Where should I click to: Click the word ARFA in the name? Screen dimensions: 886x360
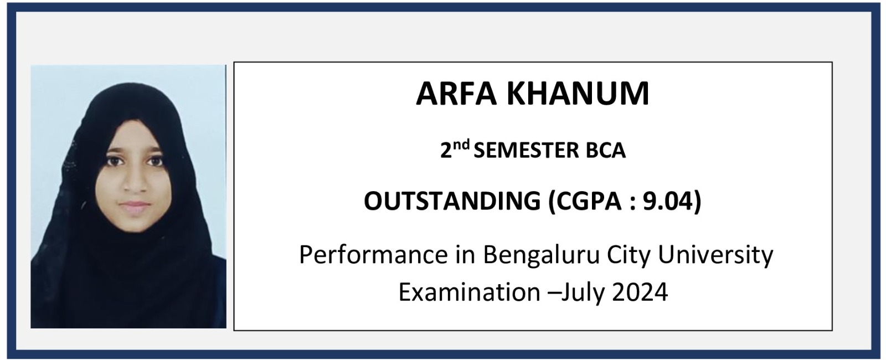pyautogui.click(x=456, y=94)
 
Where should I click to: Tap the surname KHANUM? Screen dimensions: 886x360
pyautogui.click(x=578, y=94)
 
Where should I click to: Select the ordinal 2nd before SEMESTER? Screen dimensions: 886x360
pyautogui.click(x=455, y=149)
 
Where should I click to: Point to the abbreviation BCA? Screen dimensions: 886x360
pyautogui.click(x=606, y=151)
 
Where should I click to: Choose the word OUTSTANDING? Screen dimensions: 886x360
pyautogui.click(x=452, y=201)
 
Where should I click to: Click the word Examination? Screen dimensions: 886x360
pyautogui.click(x=470, y=292)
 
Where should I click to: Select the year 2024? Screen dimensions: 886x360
pyautogui.click(x=640, y=292)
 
